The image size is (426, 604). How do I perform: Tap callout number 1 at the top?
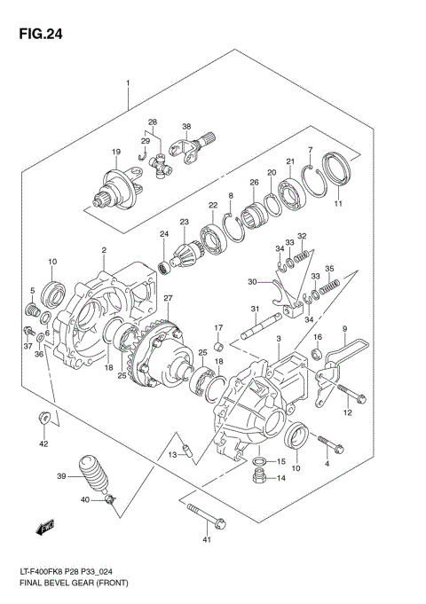128,84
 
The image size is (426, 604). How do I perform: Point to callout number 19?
115,152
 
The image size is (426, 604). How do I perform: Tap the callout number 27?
167,298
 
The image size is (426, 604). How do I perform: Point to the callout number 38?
187,127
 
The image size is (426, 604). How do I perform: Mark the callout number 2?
104,251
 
